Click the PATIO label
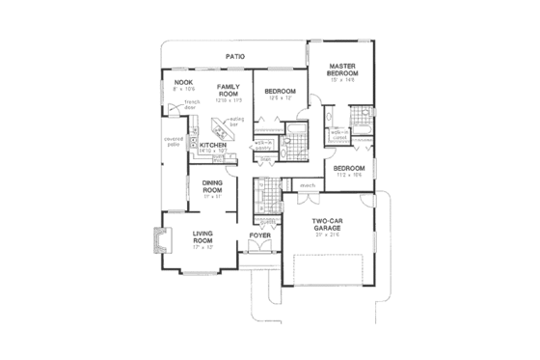[x=234, y=57]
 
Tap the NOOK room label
[x=184, y=83]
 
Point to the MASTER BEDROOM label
[x=342, y=70]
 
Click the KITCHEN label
[x=212, y=145]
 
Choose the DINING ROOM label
[x=212, y=187]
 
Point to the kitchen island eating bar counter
[x=224, y=127]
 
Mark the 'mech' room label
[x=309, y=185]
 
